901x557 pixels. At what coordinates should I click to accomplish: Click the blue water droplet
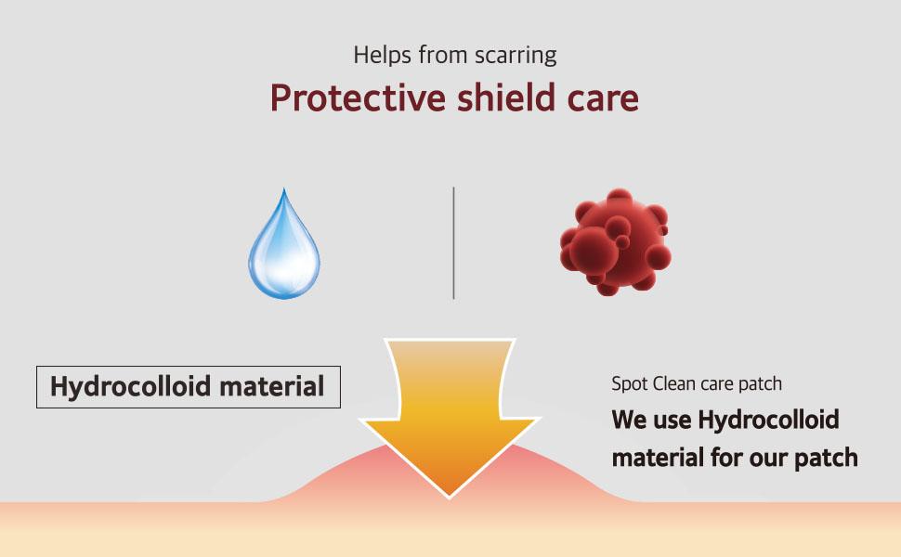click(283, 247)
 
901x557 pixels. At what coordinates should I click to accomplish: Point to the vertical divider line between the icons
click(453, 242)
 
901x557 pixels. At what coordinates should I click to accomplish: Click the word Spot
click(629, 383)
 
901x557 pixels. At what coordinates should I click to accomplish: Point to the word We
click(629, 421)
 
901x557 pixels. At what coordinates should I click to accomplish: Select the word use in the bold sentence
click(672, 421)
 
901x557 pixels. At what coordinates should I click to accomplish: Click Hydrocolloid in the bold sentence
click(768, 421)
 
